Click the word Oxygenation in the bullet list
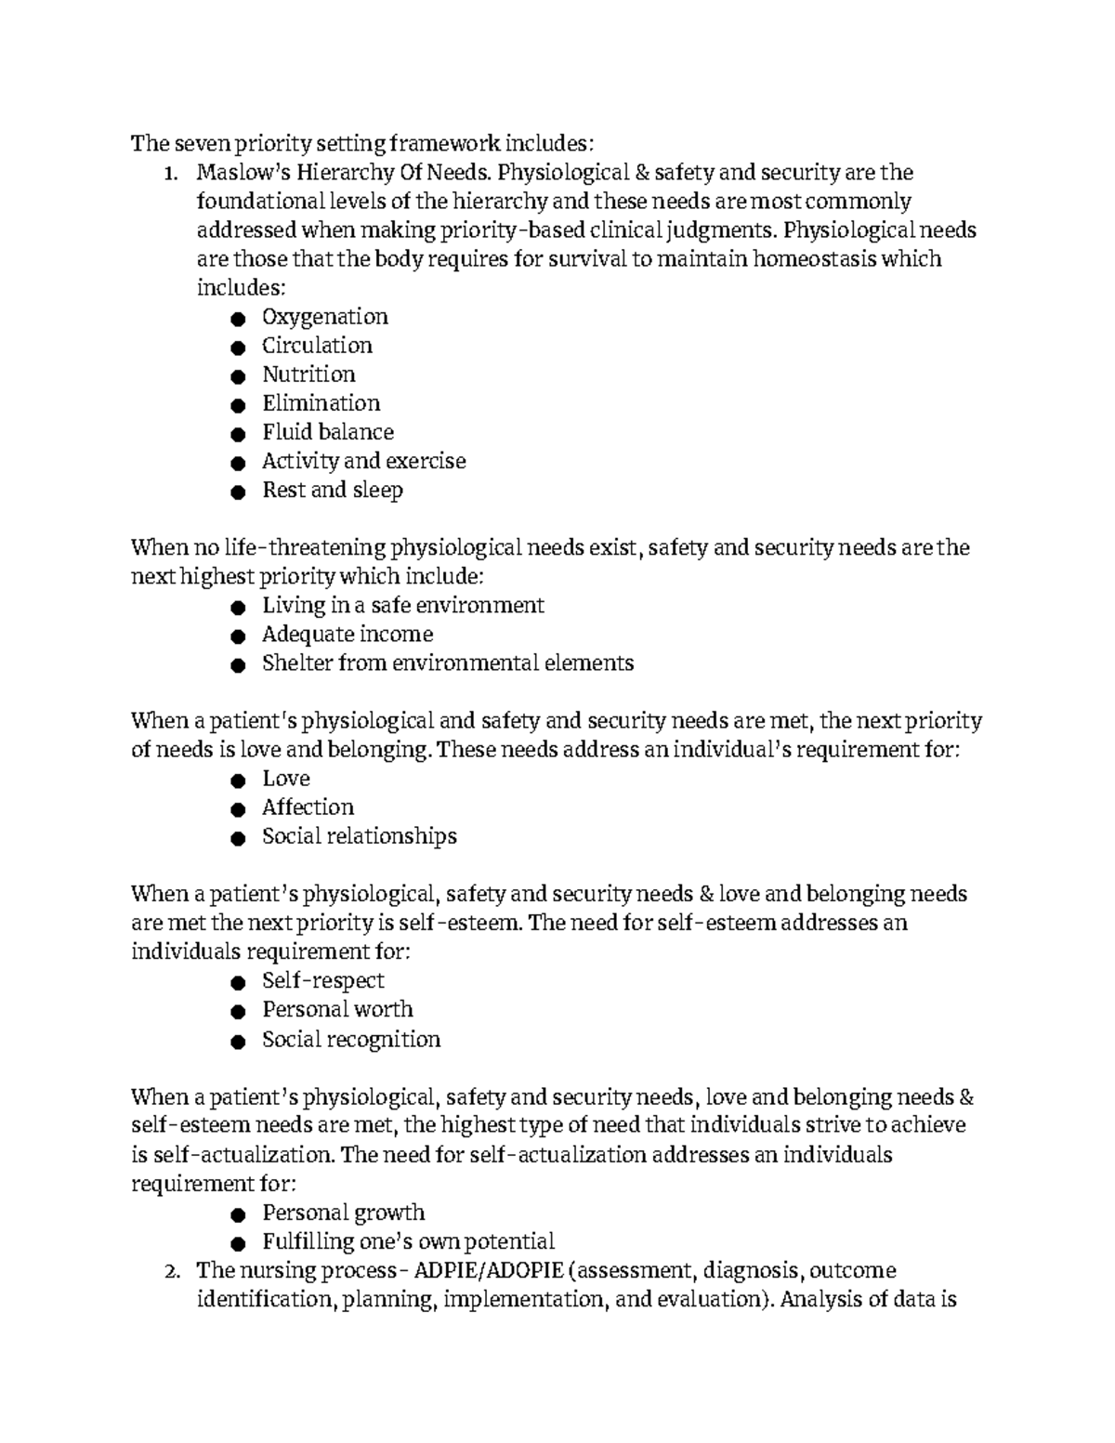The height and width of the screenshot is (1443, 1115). (x=324, y=317)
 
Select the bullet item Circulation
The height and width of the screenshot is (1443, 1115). (x=317, y=346)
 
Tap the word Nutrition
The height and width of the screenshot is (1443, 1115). (x=308, y=374)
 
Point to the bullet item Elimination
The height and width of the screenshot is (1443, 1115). (x=321, y=403)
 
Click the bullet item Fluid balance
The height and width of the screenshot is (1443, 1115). (x=327, y=432)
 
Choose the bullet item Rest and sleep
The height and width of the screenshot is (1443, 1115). (x=332, y=490)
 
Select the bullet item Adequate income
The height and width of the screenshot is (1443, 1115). (x=347, y=635)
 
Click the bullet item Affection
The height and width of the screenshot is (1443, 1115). (x=308, y=807)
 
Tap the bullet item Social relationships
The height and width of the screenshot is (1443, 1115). (x=359, y=836)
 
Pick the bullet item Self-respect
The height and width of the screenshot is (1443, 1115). (x=322, y=981)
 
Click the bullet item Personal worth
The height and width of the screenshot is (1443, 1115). (x=337, y=1010)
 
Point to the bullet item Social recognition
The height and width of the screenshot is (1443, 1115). (x=350, y=1040)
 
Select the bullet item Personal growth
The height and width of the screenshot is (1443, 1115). (x=343, y=1213)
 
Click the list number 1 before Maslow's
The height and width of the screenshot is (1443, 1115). (x=168, y=174)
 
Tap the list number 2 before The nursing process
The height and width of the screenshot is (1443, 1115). (x=168, y=1271)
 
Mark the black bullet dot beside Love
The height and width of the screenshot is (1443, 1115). (x=239, y=781)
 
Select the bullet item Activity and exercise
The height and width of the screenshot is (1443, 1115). (x=363, y=461)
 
